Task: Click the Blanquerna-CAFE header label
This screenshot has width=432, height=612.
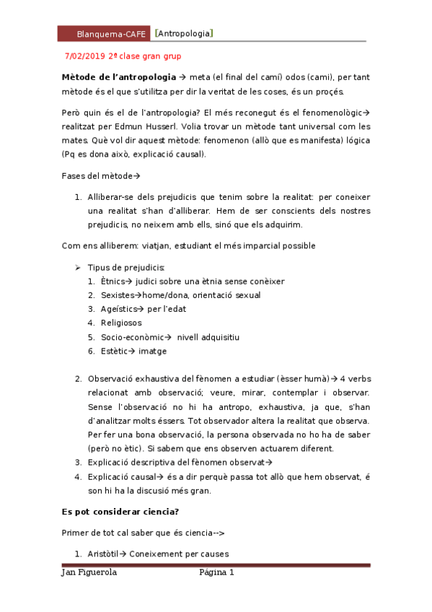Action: [111, 34]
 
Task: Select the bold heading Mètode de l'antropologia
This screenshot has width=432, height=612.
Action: [118, 77]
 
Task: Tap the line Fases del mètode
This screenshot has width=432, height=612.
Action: [97, 175]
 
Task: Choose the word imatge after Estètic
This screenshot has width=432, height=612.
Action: [152, 351]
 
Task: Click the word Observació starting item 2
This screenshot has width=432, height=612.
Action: [113, 378]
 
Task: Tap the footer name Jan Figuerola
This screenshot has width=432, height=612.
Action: [89, 573]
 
